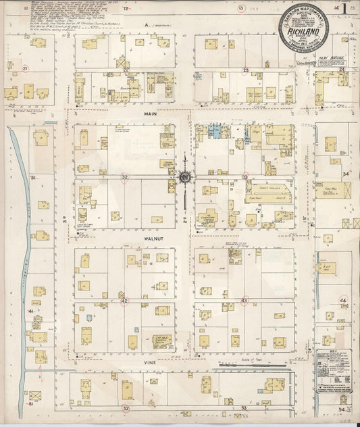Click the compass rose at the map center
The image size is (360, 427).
coord(184,178)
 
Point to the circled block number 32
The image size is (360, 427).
coord(124,177)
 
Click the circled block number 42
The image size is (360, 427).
coord(124,301)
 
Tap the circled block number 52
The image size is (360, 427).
coord(126,408)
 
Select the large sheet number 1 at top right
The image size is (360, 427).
coord(345,9)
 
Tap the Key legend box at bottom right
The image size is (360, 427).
coord(334,372)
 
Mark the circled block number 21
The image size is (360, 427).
coord(26,69)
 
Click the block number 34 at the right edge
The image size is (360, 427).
coord(344,174)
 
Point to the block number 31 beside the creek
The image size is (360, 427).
coord(32,178)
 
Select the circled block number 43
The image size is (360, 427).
coord(245,301)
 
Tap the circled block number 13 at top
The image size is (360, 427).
coord(242,7)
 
